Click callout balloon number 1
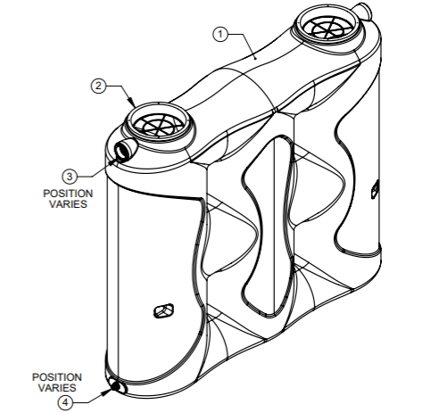click(220, 34)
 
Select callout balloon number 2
click(98, 86)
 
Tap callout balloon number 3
click(70, 177)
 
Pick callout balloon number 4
click(65, 403)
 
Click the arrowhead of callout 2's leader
click(132, 103)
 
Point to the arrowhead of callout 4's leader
click(106, 392)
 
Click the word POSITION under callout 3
click(68, 194)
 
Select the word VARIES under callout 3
click(68, 204)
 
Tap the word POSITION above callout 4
click(57, 377)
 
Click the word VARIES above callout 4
click(57, 388)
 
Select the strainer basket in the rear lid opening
click(327, 28)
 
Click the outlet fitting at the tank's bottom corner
click(116, 385)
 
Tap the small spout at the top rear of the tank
click(362, 10)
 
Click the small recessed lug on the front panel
click(163, 310)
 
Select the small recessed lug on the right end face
click(375, 189)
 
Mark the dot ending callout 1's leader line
click(255, 59)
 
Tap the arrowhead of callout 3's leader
click(113, 161)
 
